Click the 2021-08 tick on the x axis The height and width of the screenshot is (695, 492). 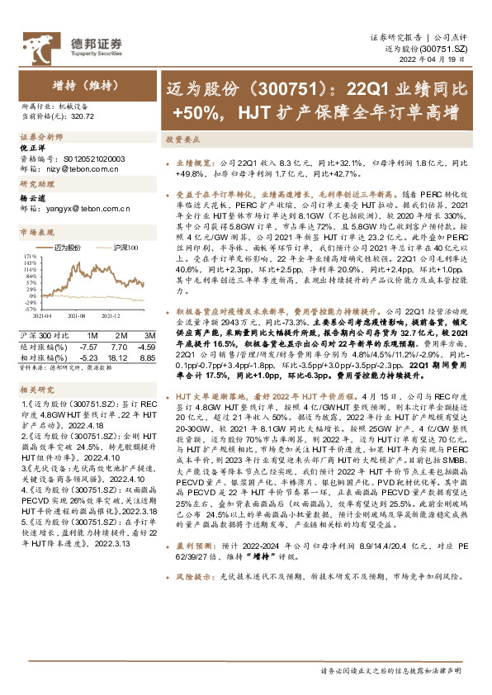[x=78, y=315]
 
